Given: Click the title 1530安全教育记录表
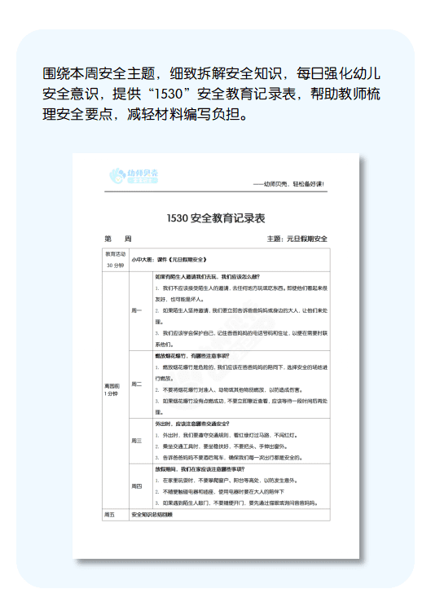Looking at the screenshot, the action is click(x=215, y=218).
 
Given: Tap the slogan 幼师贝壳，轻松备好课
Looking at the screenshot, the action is click(x=290, y=184).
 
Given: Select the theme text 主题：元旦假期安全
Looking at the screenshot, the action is click(x=297, y=239).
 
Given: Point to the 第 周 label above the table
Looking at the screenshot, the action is click(x=117, y=239).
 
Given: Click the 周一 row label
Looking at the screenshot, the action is click(x=136, y=310).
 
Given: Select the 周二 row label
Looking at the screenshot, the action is click(x=136, y=384).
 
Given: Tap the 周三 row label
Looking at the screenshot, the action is click(x=136, y=441).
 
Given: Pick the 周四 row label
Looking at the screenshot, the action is click(x=136, y=486).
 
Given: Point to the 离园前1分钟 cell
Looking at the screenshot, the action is click(x=111, y=388).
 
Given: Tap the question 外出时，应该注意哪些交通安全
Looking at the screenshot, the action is click(x=192, y=424).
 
